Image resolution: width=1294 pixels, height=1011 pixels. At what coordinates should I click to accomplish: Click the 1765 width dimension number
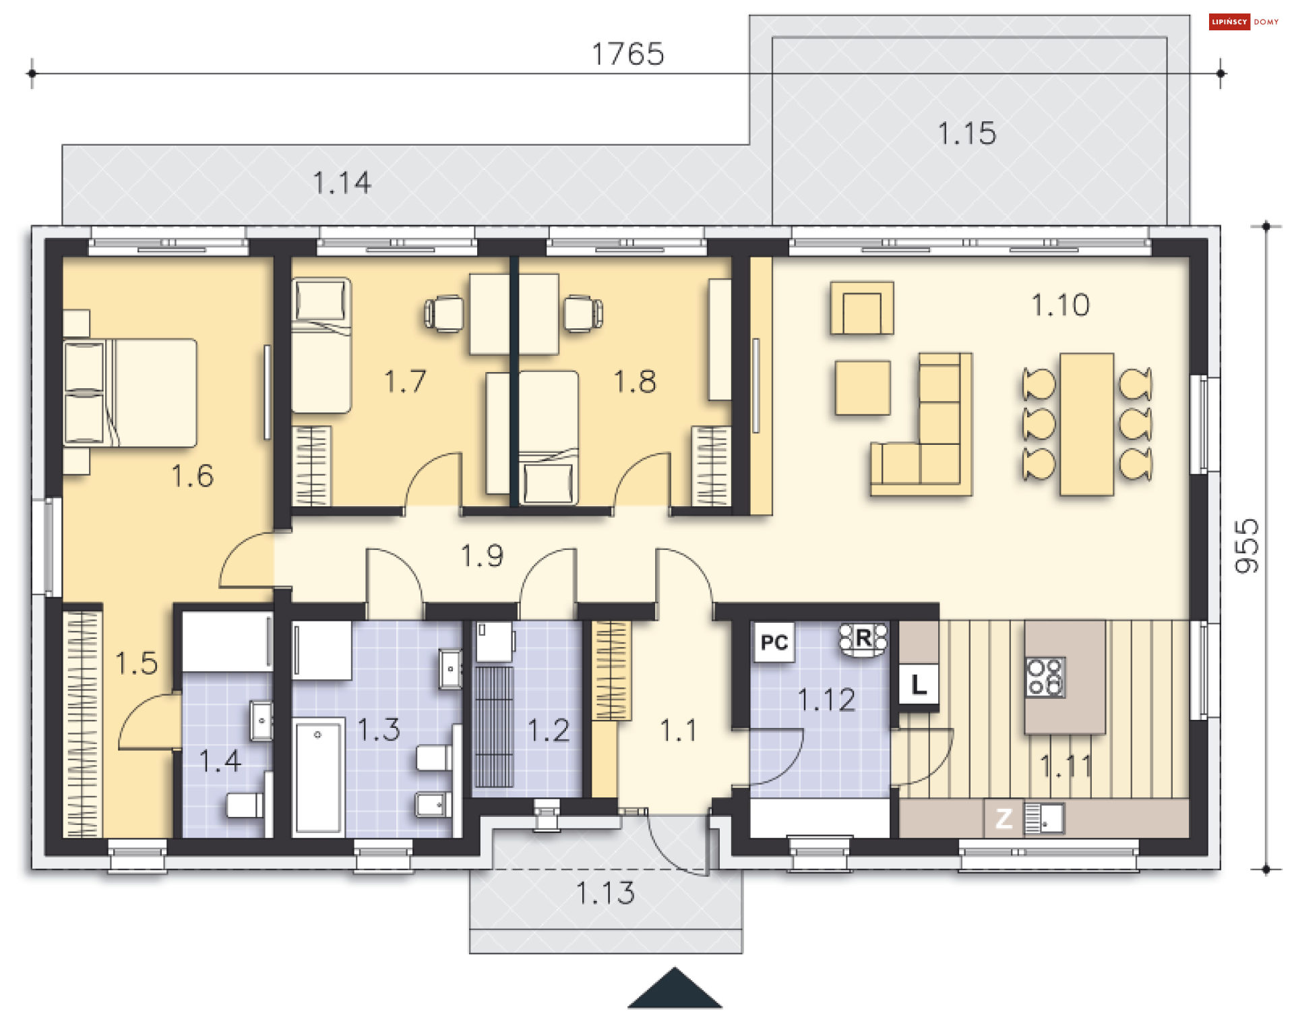tap(627, 54)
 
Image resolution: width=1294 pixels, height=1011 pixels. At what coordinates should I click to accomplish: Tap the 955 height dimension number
tap(1247, 546)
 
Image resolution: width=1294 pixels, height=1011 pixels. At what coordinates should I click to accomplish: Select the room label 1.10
tap(1060, 305)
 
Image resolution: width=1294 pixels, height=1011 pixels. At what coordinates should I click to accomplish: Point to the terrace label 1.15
tap(967, 133)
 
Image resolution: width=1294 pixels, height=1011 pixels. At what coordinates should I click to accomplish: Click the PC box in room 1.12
tap(774, 642)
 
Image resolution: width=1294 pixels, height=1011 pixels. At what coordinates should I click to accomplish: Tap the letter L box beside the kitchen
tap(919, 685)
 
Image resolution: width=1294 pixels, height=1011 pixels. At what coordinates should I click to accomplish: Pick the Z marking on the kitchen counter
tap(1004, 818)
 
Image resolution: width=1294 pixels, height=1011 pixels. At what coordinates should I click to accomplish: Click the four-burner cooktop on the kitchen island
tap(1045, 677)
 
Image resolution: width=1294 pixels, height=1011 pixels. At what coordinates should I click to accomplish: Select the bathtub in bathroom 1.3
tap(318, 776)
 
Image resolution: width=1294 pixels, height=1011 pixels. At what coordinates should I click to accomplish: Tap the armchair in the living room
tap(862, 308)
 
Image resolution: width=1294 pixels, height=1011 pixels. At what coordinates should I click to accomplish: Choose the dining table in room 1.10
tap(1086, 424)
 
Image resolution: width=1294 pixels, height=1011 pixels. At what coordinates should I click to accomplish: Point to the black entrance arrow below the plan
tap(675, 988)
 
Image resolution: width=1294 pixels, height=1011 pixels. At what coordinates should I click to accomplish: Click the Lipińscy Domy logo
tap(1244, 22)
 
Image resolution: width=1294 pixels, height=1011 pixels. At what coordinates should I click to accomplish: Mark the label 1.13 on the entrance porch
tap(605, 893)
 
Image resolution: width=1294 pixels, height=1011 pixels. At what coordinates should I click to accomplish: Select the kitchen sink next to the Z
tap(1044, 818)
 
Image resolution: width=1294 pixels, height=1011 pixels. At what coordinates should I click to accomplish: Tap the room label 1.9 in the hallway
tap(482, 556)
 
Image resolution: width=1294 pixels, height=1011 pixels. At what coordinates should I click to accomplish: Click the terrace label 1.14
tap(342, 183)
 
